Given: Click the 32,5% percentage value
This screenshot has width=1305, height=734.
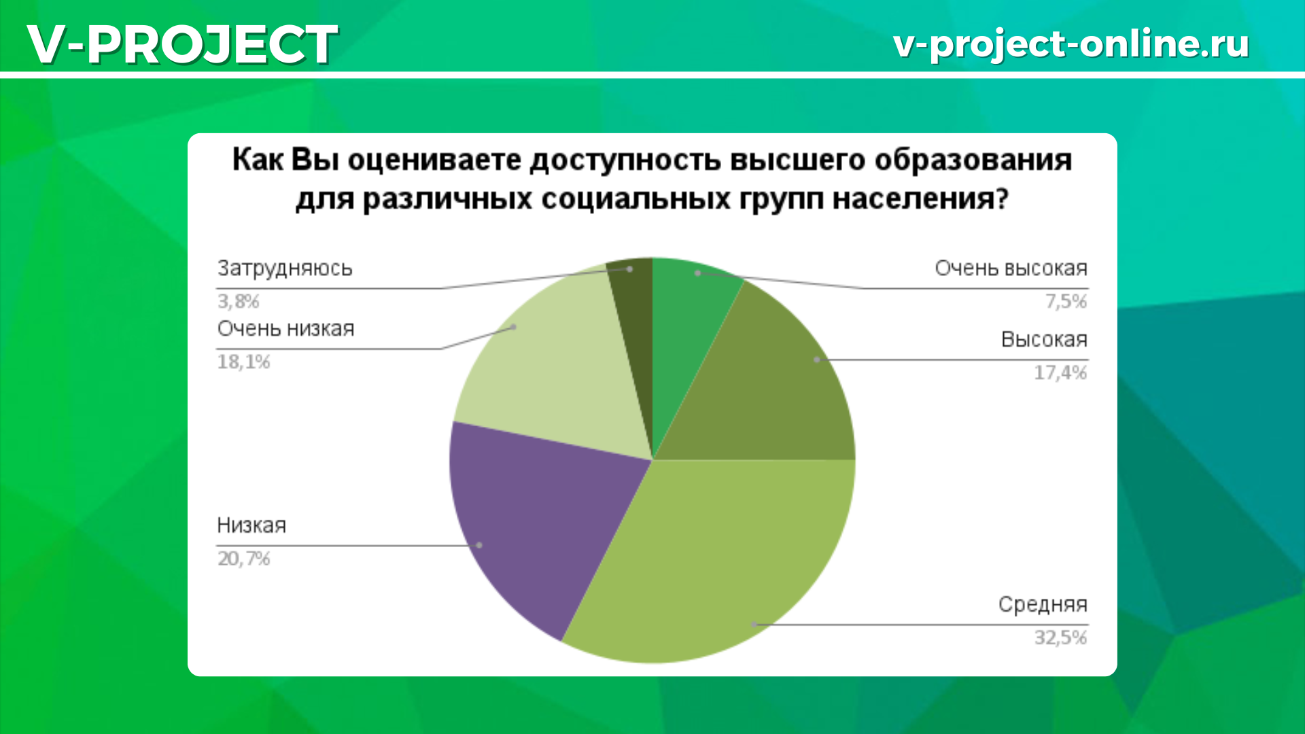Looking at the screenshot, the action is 1060,637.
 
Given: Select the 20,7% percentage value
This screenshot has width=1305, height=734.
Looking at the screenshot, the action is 243,559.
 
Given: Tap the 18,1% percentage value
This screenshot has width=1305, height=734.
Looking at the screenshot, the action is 243,362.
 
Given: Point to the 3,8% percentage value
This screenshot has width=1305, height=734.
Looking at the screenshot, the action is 238,301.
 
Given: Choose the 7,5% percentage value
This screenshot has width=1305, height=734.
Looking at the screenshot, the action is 1066,301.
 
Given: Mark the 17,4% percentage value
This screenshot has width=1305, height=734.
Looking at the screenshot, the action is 1060,372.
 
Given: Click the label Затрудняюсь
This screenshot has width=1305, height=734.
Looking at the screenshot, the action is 285,269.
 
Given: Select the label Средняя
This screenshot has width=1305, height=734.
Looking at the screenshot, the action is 1043,604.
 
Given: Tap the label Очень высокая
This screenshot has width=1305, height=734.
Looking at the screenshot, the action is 1011,268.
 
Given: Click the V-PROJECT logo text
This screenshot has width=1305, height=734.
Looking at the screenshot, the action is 182,44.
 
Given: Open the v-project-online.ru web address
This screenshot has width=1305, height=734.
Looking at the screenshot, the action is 1071,44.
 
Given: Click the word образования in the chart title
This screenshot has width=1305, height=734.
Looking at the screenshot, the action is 973,160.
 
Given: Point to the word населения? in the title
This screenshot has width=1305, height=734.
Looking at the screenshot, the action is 920,199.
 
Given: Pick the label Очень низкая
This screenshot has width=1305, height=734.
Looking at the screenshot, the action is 285,329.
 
